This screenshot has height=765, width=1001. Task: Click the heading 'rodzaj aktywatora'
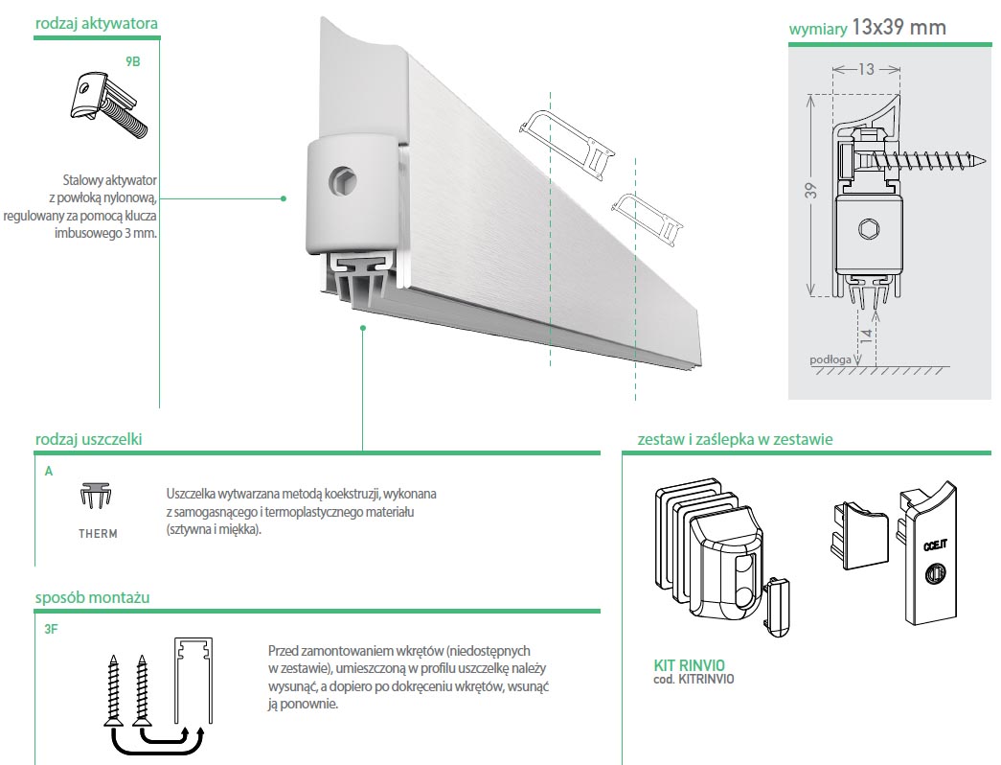click(x=96, y=22)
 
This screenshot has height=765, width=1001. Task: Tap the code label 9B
click(x=133, y=59)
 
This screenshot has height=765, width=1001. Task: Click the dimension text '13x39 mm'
click(x=899, y=28)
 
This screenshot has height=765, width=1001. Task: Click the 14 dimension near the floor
click(x=866, y=337)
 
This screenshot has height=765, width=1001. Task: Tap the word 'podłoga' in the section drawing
click(x=830, y=359)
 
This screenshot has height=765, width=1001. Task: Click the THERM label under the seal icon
click(x=98, y=534)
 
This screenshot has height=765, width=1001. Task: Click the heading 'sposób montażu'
click(x=92, y=597)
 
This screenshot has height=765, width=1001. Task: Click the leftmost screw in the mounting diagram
click(x=113, y=686)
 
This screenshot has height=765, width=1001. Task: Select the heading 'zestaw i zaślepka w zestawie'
click(x=735, y=440)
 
